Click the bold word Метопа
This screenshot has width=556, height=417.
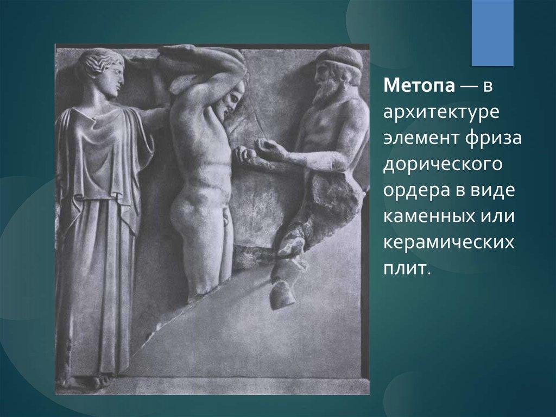pyautogui.click(x=419, y=85)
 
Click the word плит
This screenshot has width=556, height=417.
pyautogui.click(x=404, y=269)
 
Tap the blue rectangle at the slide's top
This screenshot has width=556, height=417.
pyautogui.click(x=492, y=33)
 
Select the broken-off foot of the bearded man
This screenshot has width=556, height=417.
pyautogui.click(x=282, y=294)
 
